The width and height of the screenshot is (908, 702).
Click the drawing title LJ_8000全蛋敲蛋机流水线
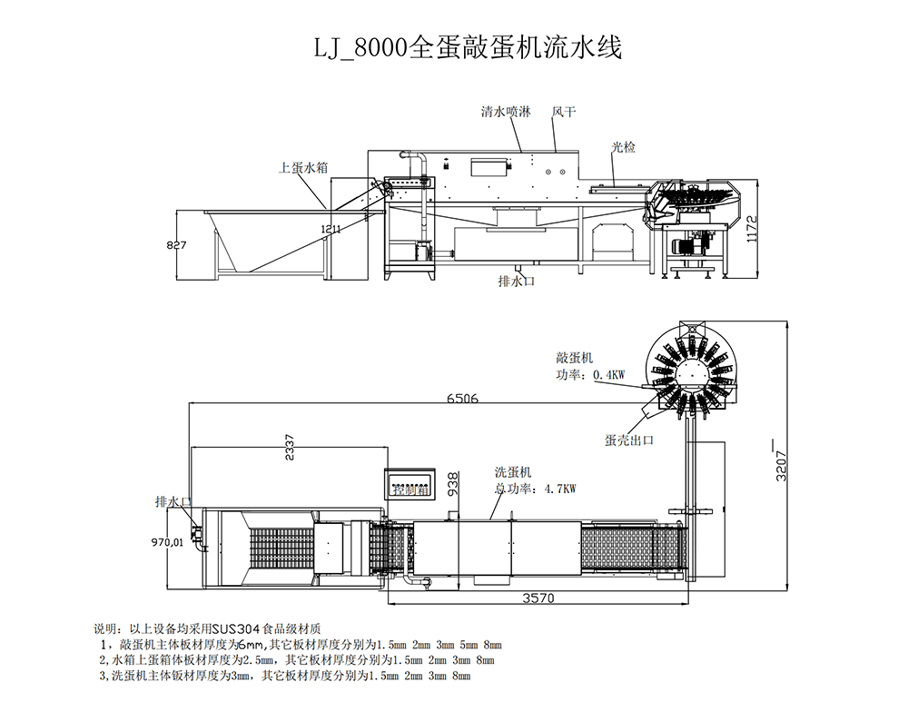coord(468,48)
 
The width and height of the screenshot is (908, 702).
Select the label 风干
coord(564,113)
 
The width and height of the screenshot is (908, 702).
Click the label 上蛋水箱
coord(303,167)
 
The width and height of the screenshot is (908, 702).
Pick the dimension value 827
coord(177,245)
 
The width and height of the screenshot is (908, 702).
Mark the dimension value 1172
coord(750,229)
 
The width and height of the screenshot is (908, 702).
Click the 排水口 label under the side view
coord(518,282)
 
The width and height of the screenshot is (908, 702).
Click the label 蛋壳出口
coord(629,440)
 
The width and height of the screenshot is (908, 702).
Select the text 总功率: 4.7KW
coord(536,489)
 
